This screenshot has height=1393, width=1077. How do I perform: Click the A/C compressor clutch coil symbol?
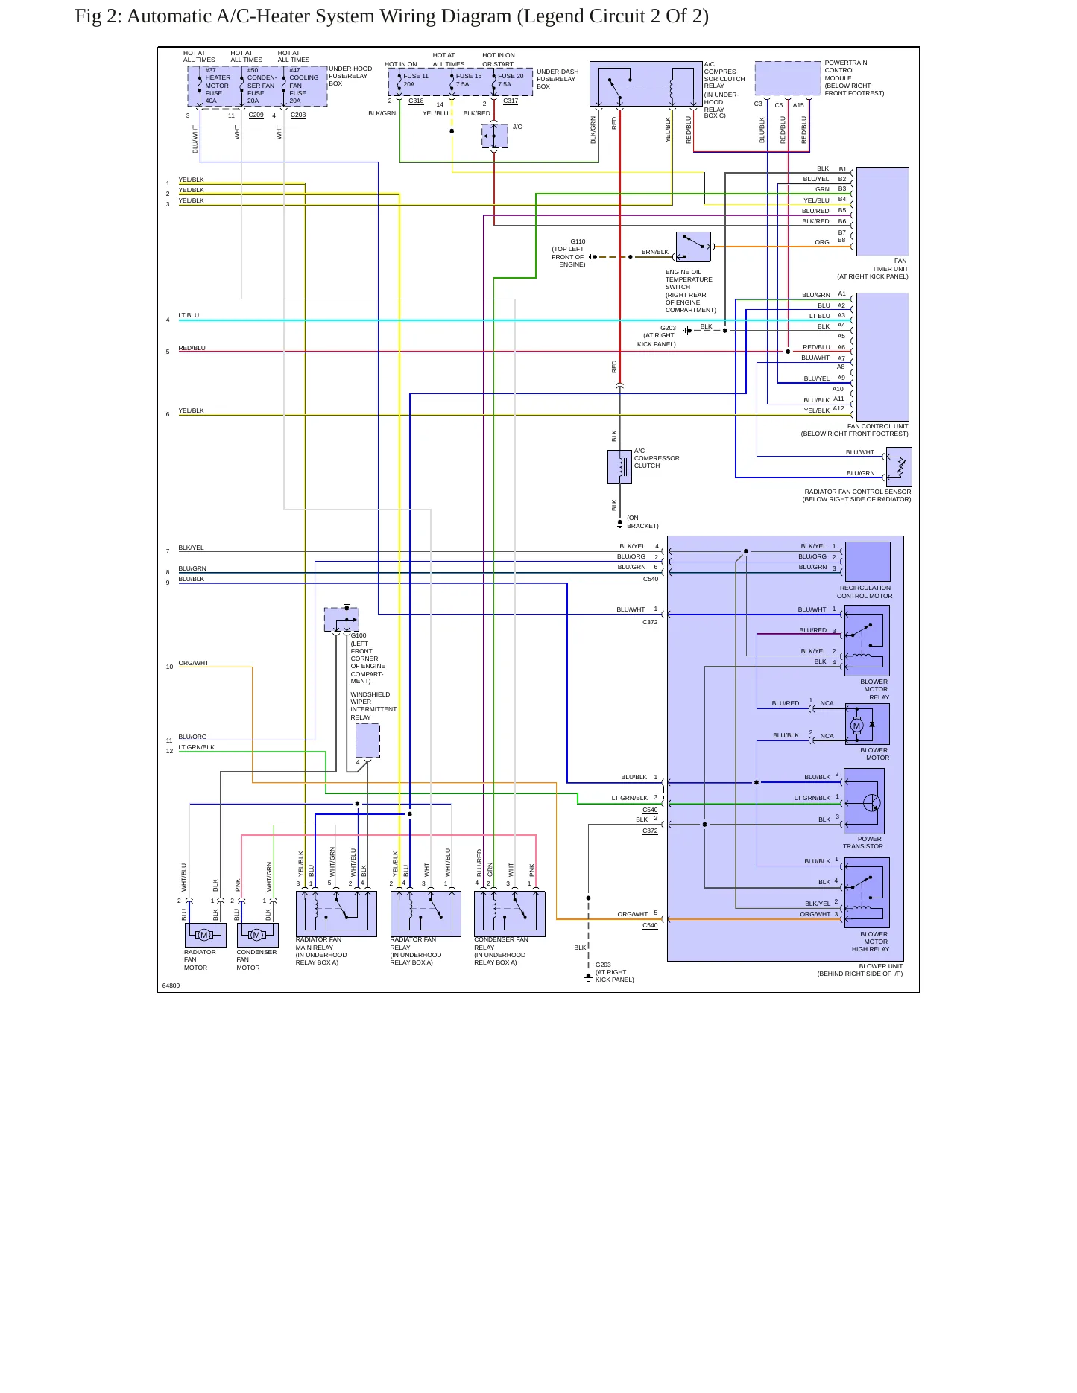(x=619, y=467)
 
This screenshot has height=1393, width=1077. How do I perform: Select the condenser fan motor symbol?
(x=258, y=935)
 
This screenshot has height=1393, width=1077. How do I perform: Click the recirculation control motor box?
(x=868, y=562)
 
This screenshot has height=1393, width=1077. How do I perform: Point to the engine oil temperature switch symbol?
(x=693, y=247)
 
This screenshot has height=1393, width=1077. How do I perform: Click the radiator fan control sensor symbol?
(x=899, y=467)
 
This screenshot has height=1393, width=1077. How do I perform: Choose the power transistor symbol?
(x=865, y=802)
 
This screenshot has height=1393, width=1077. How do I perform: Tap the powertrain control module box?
(x=788, y=78)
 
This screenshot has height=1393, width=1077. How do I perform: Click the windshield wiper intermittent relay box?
(x=367, y=740)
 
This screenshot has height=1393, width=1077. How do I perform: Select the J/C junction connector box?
(x=495, y=136)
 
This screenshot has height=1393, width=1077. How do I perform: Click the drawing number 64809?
(x=171, y=986)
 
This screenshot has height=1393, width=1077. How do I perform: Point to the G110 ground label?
(x=578, y=241)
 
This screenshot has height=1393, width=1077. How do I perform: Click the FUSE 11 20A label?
(x=415, y=80)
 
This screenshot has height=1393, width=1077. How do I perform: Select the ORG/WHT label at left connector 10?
(x=194, y=663)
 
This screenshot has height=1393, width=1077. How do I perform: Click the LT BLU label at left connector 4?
(x=189, y=315)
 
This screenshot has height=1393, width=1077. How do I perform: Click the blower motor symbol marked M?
(x=857, y=726)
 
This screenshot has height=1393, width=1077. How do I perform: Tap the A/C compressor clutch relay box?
(x=645, y=84)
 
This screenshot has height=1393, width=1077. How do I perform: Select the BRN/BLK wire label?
(x=655, y=252)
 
